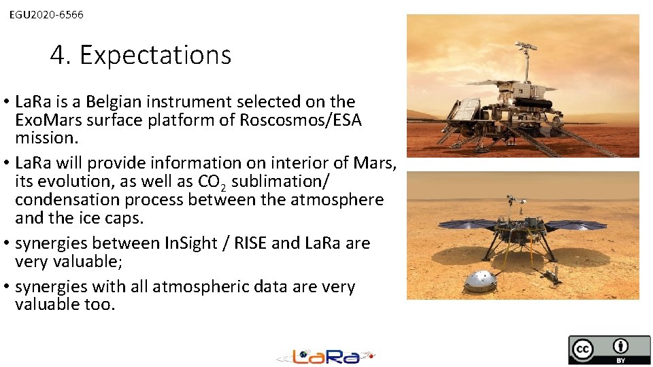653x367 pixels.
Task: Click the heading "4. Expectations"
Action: pyautogui.click(x=140, y=55)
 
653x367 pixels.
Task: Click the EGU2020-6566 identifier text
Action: pyautogui.click(x=46, y=14)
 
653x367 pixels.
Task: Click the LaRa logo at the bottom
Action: pyautogui.click(x=326, y=355)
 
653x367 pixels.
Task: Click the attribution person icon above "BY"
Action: pyautogui.click(x=620, y=345)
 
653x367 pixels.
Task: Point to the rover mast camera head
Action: pyautogui.click(x=525, y=47)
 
